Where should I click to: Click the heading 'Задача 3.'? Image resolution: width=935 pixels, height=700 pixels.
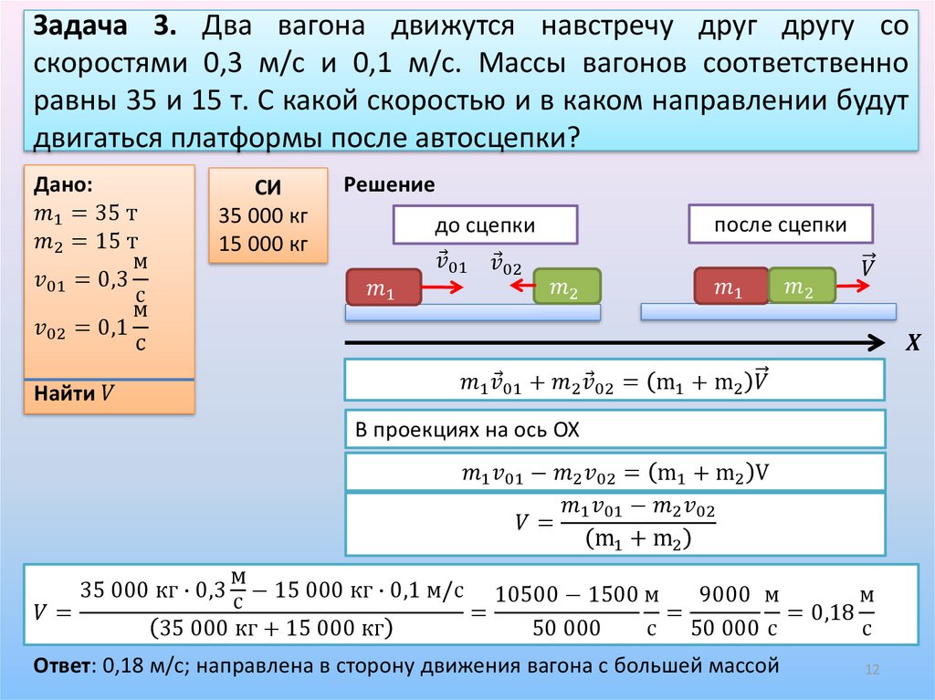point(102,27)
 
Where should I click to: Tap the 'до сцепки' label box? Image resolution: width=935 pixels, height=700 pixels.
point(485,225)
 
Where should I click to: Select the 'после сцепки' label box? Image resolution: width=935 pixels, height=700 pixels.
point(780,224)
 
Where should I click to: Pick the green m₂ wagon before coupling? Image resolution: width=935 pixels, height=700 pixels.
point(567,287)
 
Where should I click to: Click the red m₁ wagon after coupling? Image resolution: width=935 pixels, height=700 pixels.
point(730,287)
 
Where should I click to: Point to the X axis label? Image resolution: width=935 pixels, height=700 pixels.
point(911,343)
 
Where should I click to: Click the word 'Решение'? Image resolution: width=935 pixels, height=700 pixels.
point(389,184)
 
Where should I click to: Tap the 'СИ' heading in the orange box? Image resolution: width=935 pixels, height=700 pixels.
point(268,188)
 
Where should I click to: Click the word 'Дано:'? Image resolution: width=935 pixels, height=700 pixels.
point(63,183)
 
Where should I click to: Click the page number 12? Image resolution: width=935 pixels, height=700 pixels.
point(871,671)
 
